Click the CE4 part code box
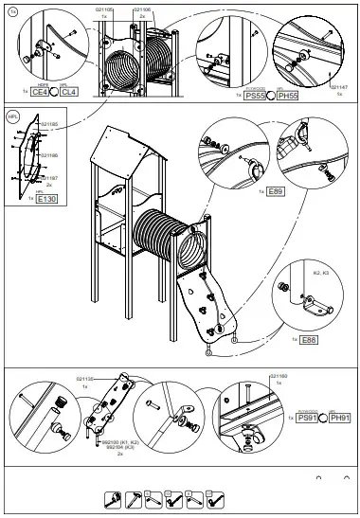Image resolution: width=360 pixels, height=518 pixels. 40,93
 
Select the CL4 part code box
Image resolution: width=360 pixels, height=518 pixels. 67,93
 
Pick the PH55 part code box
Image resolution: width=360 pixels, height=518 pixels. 287,96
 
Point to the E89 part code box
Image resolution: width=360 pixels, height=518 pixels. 275,191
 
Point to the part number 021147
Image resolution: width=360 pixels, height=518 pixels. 339,86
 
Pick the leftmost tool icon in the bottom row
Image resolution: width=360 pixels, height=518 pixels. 112,499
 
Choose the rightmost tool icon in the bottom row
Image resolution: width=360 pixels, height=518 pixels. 217,499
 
